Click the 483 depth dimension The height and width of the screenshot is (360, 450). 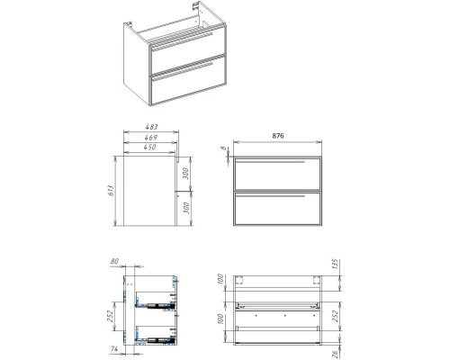point(151,127)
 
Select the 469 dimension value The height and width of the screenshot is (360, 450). point(151,138)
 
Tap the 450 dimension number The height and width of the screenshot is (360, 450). point(149,147)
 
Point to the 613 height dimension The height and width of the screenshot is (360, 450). point(111,191)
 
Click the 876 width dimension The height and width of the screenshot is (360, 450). point(278,136)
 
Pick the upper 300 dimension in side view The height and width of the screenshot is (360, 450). point(185,174)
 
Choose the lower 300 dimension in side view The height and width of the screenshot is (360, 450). point(186,208)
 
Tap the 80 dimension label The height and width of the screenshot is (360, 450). point(114,261)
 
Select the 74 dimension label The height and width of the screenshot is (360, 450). point(114,349)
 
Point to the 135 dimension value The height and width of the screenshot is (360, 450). point(335,264)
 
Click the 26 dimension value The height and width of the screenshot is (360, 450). point(336,354)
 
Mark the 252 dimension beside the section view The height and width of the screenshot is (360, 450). point(110,316)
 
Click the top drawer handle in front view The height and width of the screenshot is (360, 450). point(270,162)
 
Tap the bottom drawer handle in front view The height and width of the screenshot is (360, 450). point(270,196)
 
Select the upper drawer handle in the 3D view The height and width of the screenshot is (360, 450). point(182,42)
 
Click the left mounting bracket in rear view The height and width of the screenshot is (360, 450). point(239,280)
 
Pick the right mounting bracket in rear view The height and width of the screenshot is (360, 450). point(317,280)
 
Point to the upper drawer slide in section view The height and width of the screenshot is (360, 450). point(156,305)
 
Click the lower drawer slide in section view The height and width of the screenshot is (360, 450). point(156,339)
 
